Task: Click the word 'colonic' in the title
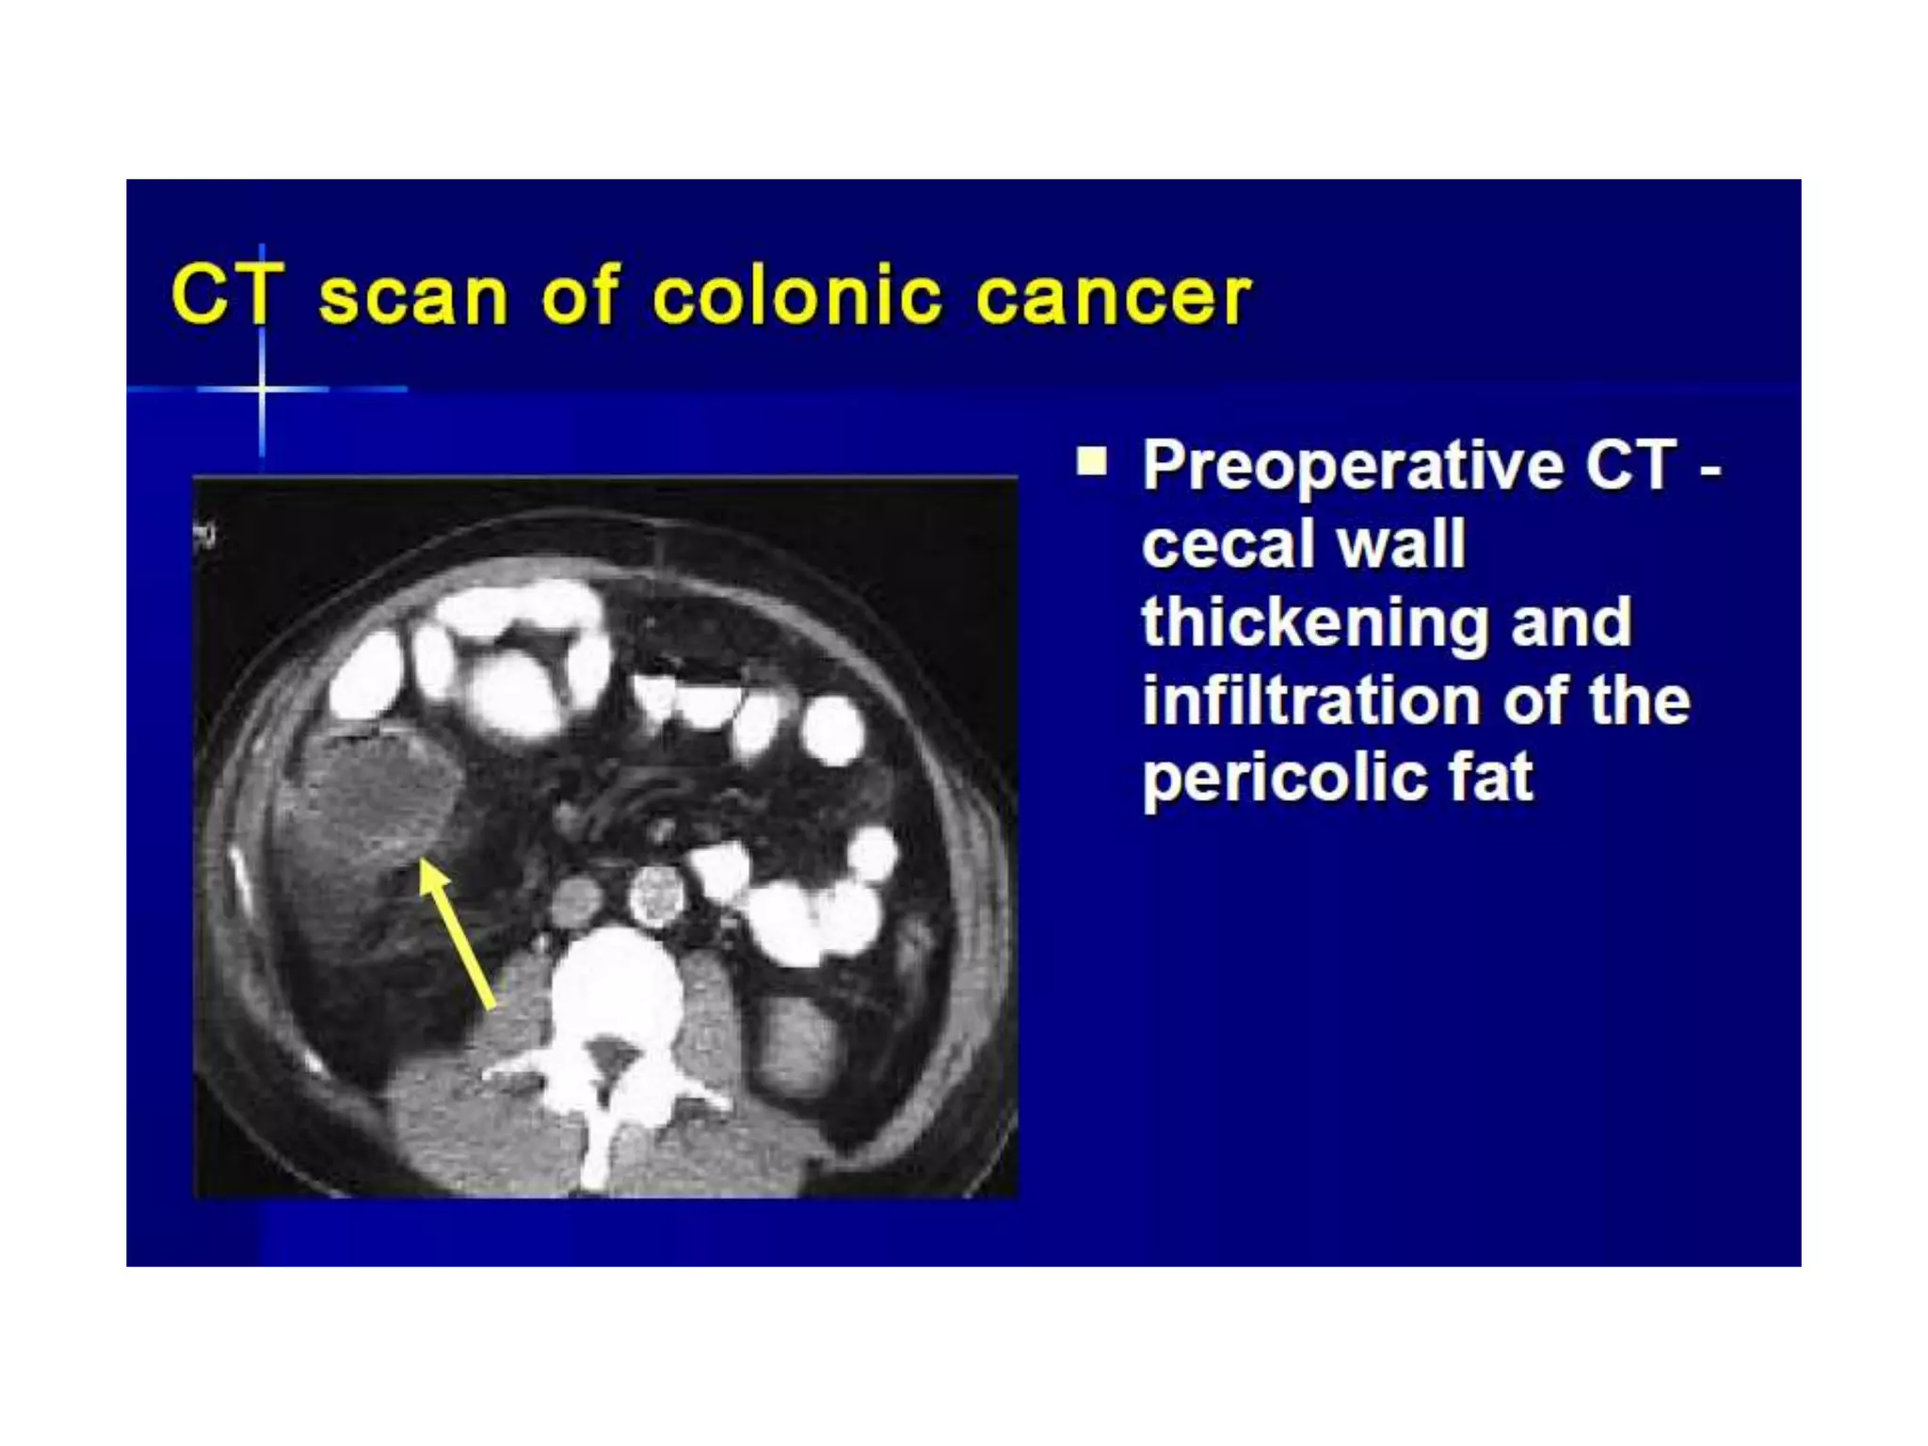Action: coord(796,297)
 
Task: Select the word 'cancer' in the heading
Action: coord(1113,298)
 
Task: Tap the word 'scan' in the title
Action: coord(413,298)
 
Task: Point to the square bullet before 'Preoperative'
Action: coord(1092,462)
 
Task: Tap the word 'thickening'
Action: coord(1313,623)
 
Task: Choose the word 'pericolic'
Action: coord(1280,779)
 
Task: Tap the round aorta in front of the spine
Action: coord(655,893)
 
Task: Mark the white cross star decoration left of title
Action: coord(262,387)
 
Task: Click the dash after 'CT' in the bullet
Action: coord(1710,468)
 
